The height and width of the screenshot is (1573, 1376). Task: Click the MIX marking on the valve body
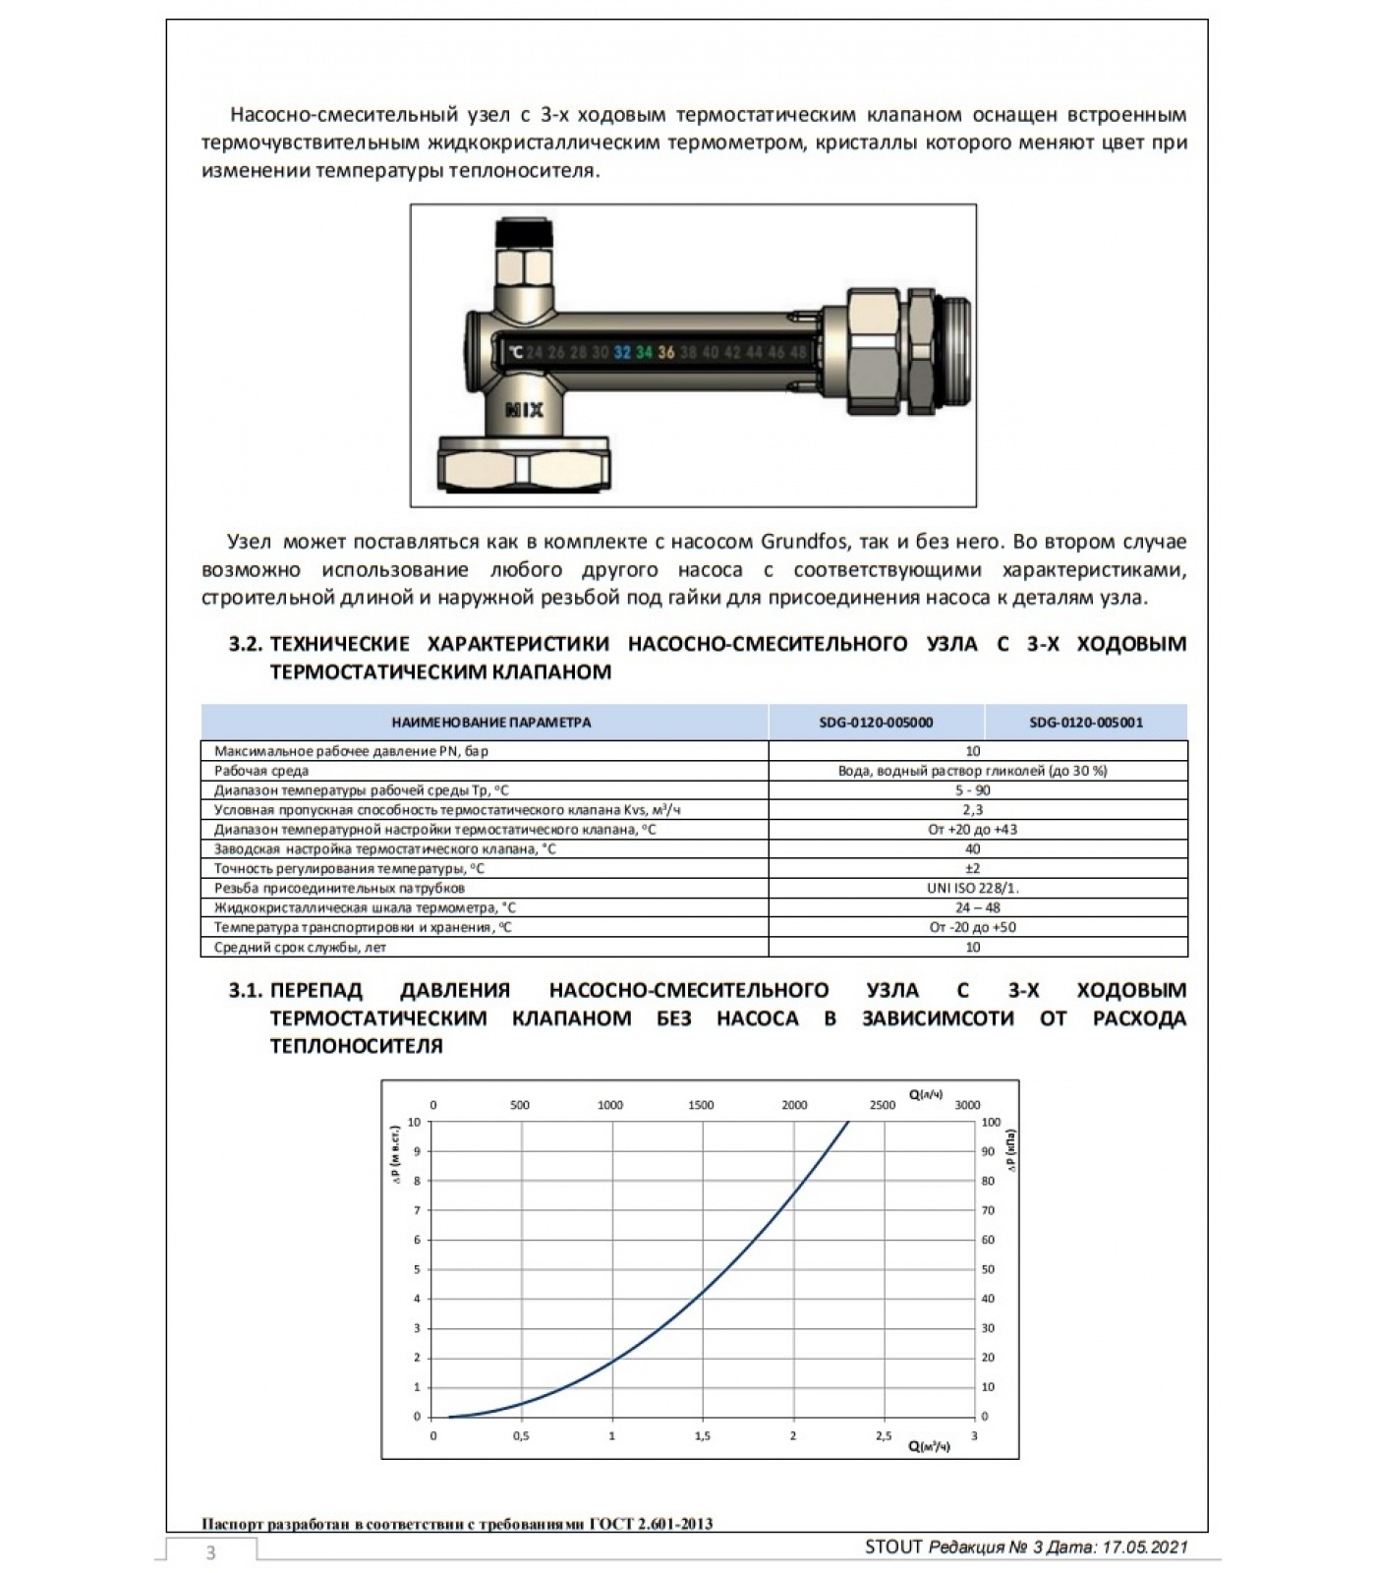[524, 410]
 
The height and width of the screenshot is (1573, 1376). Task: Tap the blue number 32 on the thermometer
[622, 352]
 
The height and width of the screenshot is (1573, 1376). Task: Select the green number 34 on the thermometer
[644, 352]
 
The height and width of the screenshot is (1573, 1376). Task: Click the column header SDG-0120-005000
[876, 723]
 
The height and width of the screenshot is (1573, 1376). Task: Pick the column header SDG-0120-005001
[1086, 723]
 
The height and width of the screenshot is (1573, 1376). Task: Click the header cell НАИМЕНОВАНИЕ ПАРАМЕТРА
[491, 723]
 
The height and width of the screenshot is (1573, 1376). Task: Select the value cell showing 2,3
[973, 810]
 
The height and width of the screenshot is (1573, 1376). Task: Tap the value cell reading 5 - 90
[973, 790]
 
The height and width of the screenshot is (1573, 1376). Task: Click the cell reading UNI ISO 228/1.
[973, 888]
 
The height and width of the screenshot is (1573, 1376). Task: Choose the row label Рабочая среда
[261, 771]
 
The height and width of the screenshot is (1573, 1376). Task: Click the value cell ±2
[973, 868]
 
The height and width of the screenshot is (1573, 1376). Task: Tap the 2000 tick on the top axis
[794, 1105]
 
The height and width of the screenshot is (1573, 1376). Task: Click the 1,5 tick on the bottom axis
[703, 1436]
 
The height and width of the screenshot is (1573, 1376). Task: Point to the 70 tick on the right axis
[988, 1210]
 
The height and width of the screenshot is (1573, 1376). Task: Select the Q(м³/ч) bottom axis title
[929, 1446]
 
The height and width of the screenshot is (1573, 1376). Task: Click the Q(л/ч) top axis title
[926, 1094]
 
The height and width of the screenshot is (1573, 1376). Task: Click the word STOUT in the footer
[893, 1547]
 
